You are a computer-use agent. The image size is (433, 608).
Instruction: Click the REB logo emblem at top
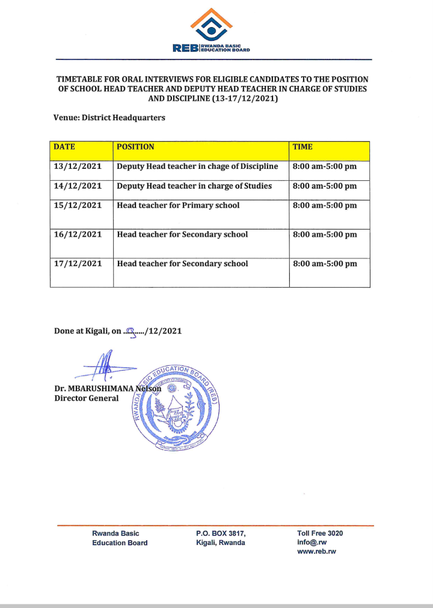click(x=211, y=25)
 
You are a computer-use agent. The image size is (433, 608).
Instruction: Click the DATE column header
click(x=65, y=147)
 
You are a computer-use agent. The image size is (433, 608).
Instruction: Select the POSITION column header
click(x=135, y=147)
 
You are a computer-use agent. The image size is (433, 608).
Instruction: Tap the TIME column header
click(x=302, y=147)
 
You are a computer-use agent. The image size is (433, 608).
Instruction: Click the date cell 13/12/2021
click(x=78, y=166)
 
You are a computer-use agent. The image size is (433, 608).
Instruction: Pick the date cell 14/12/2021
click(x=78, y=186)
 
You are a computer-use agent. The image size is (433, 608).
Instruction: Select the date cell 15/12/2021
click(x=78, y=205)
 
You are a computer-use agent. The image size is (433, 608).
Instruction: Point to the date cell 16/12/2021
click(x=78, y=235)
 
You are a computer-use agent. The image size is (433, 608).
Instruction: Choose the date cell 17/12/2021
click(x=78, y=264)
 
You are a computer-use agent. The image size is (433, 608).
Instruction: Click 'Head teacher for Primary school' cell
click(x=178, y=205)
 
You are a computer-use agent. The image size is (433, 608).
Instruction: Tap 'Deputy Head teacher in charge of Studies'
click(x=194, y=186)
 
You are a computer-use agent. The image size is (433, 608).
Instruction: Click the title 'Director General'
click(x=87, y=398)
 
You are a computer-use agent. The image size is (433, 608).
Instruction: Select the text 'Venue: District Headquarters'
click(x=109, y=118)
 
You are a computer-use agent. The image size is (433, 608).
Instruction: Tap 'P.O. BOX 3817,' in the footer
click(x=221, y=534)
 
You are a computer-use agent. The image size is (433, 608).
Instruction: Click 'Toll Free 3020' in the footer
click(x=320, y=534)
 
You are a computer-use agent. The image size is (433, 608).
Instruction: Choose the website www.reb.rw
click(x=316, y=552)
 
